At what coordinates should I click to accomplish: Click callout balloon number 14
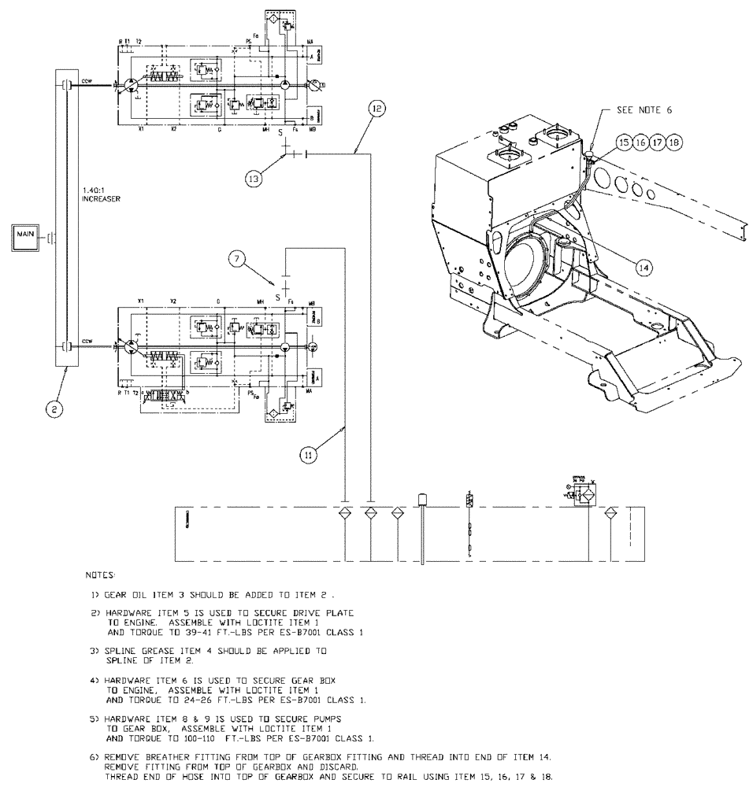pyautogui.click(x=644, y=267)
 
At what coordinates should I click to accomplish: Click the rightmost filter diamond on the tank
pyautogui.click(x=610, y=513)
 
